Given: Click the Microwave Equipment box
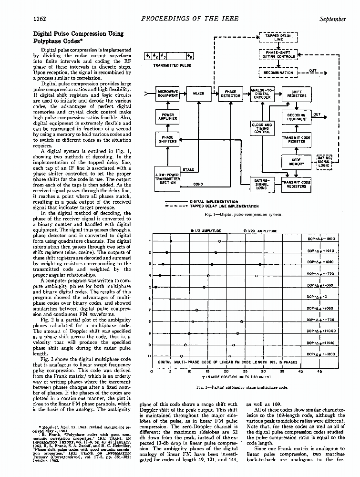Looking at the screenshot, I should pos(167,93).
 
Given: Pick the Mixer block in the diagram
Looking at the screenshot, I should pos(198,93).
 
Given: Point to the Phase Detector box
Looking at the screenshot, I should pos(230,93).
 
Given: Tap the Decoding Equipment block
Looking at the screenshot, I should pos(297,117).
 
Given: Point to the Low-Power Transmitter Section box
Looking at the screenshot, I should pos(167,178).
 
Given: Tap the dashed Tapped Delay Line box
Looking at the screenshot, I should pos(278,37).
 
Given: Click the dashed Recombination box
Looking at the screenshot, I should pos(278,73).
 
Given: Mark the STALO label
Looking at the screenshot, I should pos(189,169).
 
